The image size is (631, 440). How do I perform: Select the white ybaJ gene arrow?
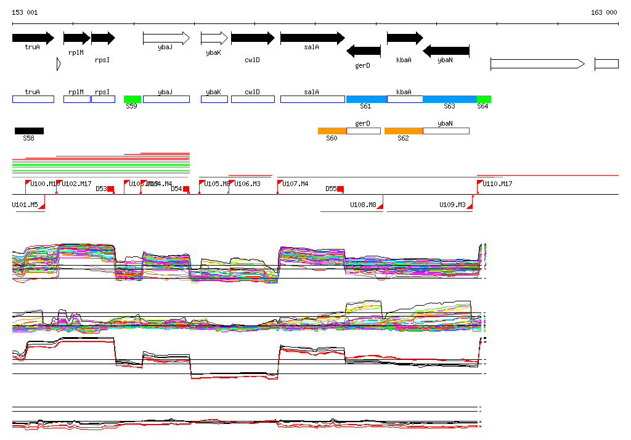pyautogui.click(x=166, y=38)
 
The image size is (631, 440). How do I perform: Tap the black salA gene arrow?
pyautogui.click(x=312, y=38)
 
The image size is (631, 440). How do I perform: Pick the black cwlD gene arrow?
pyautogui.click(x=252, y=38)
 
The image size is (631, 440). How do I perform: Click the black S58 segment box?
pyautogui.click(x=29, y=131)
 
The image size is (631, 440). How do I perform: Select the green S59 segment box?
pyautogui.click(x=132, y=99)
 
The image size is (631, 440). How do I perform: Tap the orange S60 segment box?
pyautogui.click(x=332, y=131)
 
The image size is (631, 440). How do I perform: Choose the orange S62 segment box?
pyautogui.click(x=404, y=131)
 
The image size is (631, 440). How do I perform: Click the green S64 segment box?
pyautogui.click(x=484, y=99)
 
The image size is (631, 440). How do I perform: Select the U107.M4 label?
pyautogui.click(x=295, y=184)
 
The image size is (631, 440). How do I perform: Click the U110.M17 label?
pyautogui.click(x=497, y=184)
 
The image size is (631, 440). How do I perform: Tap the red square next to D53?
pyautogui.click(x=111, y=189)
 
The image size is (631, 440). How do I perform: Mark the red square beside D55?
pyautogui.click(x=340, y=189)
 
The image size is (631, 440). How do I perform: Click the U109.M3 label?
pyautogui.click(x=452, y=205)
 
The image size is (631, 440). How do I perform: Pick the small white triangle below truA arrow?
pyautogui.click(x=58, y=63)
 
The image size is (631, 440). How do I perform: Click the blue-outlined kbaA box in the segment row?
pyautogui.click(x=405, y=99)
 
